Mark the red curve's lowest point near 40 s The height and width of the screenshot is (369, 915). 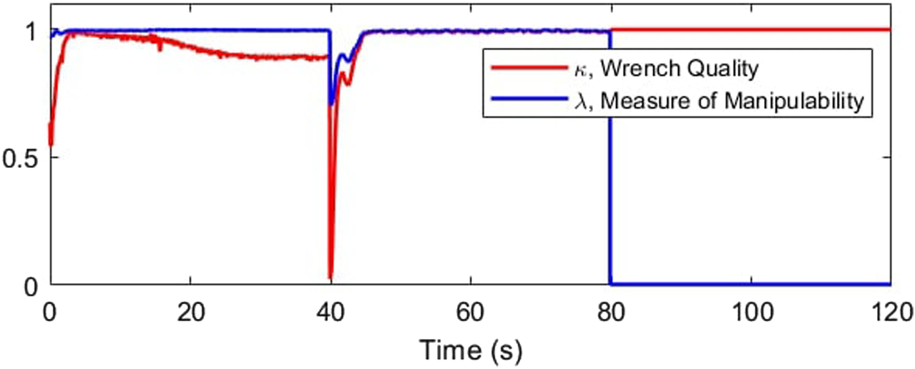click(331, 277)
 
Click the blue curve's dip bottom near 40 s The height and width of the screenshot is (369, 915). click(331, 104)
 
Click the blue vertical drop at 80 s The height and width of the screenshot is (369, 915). click(610, 179)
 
